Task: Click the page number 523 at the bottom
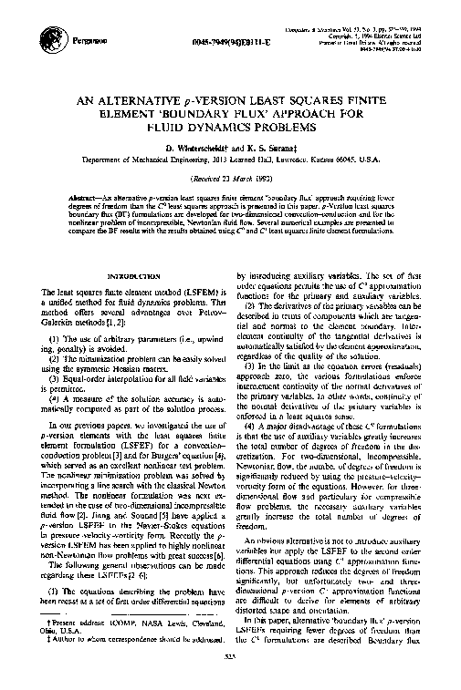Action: point(232,678)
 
